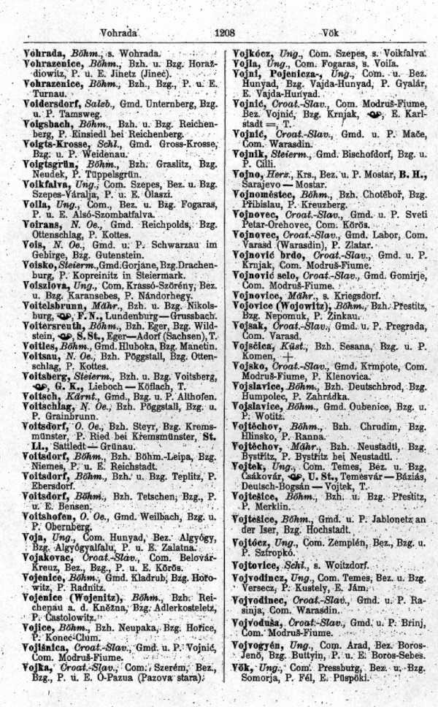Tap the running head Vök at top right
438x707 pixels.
pos(332,33)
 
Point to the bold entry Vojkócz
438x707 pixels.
pos(253,54)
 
